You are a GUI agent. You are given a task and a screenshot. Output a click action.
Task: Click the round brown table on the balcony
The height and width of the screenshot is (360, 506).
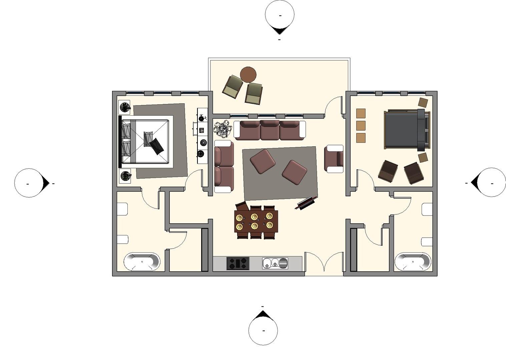[x=248, y=74]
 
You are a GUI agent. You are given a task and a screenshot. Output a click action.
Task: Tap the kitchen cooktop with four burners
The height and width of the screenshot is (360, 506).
[x=238, y=263]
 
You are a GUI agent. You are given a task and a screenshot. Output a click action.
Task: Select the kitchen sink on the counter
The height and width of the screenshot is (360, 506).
[x=275, y=263]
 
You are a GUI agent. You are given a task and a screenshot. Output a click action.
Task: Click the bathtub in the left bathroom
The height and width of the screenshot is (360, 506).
[x=142, y=262]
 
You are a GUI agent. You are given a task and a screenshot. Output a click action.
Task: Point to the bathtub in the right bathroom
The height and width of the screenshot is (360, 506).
[x=413, y=262]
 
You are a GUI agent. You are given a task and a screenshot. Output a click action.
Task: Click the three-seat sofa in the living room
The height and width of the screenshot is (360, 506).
[x=270, y=130]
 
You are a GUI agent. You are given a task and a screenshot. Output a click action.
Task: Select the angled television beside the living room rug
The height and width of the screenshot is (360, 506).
[x=306, y=203]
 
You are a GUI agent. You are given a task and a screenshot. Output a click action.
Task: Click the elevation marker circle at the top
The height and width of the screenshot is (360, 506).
[x=280, y=15]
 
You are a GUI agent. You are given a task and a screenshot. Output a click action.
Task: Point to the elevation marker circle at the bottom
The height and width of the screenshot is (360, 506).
[x=263, y=330]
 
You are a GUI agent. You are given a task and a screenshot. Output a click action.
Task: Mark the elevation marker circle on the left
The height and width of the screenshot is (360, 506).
[x=29, y=183]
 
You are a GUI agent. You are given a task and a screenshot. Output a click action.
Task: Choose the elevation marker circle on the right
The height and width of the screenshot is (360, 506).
[x=492, y=182]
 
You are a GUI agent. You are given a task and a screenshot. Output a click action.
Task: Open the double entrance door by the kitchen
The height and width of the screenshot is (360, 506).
[x=324, y=263]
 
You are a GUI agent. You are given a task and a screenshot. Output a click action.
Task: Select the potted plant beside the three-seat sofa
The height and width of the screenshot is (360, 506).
[x=223, y=129]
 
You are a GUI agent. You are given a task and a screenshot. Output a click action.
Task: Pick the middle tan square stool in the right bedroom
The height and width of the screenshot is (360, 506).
[x=361, y=126]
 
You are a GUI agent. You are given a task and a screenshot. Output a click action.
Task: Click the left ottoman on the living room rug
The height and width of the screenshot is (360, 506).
[x=263, y=161]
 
